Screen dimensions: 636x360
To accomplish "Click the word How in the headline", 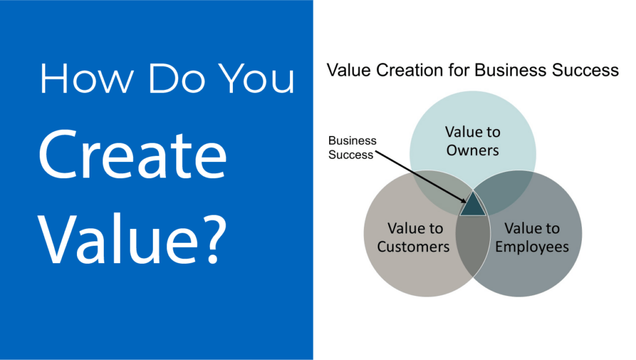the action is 87,79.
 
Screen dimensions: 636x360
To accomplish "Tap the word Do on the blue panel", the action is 176,79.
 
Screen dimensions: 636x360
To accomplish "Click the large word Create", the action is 133,155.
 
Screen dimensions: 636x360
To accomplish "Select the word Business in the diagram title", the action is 511,70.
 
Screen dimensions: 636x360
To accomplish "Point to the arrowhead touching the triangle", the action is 463,199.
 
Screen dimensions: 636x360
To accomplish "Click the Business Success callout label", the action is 352,148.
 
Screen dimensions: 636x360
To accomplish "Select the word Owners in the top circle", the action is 473,150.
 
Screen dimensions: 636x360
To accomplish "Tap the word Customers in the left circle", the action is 413,246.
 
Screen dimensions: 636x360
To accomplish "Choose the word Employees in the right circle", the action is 532,246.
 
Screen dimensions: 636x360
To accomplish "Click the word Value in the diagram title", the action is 349,70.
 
